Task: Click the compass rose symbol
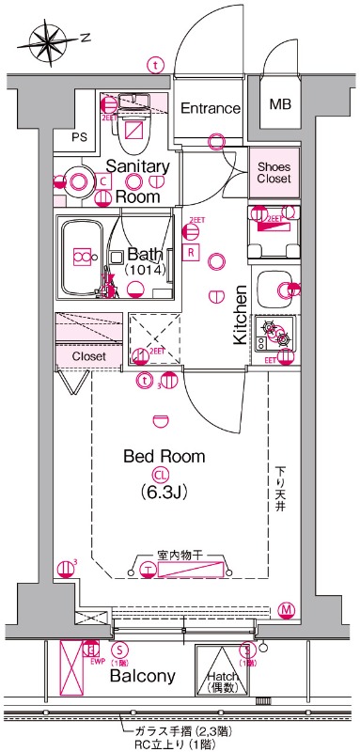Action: [47, 39]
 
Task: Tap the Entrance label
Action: [211, 108]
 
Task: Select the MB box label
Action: [281, 104]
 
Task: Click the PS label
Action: [80, 137]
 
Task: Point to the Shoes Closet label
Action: [274, 171]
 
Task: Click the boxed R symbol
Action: [191, 253]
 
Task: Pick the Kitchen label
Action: [240, 315]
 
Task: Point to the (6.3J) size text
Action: [164, 492]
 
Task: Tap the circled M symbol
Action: [285, 610]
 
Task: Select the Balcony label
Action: [143, 676]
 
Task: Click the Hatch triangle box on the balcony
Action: [222, 673]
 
